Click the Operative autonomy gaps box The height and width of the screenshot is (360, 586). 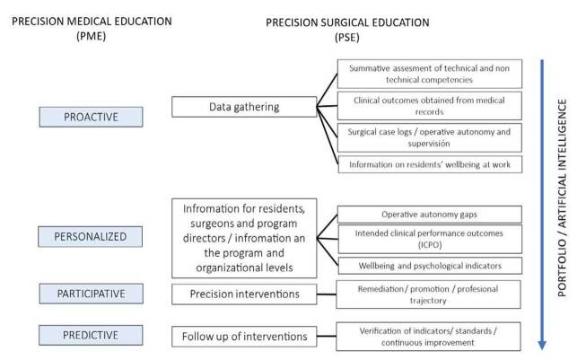coord(430,214)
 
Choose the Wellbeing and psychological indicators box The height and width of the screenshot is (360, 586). coord(430,265)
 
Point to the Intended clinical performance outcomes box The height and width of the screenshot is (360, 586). coord(430,239)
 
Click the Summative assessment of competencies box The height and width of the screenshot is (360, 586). coord(430,75)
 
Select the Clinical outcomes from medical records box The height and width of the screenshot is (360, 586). coord(430,106)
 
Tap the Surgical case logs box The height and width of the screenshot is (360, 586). coord(430,136)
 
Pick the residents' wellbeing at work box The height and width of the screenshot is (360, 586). coord(430,164)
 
